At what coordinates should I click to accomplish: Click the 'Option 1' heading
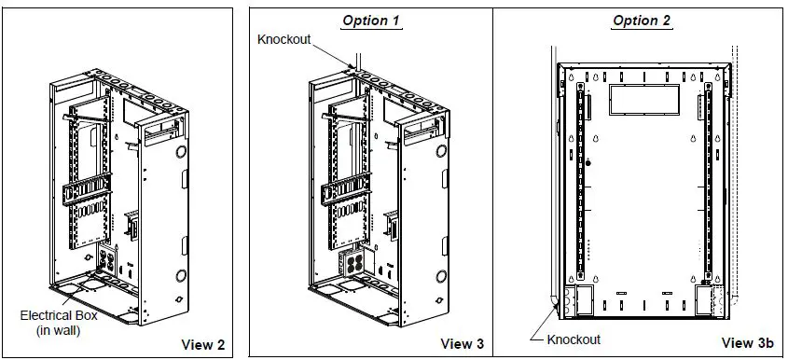click(x=371, y=21)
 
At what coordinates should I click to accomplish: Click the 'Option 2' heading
click(x=641, y=21)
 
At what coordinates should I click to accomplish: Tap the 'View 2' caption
click(x=206, y=344)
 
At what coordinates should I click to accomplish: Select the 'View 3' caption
click(x=463, y=344)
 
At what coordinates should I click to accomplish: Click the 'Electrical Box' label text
click(x=60, y=315)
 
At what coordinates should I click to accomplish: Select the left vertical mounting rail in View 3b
click(x=579, y=182)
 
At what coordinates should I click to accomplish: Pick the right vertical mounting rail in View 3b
click(x=707, y=182)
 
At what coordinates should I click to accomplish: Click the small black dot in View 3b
click(x=588, y=161)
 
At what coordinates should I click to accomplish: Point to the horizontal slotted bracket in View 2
click(x=86, y=192)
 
